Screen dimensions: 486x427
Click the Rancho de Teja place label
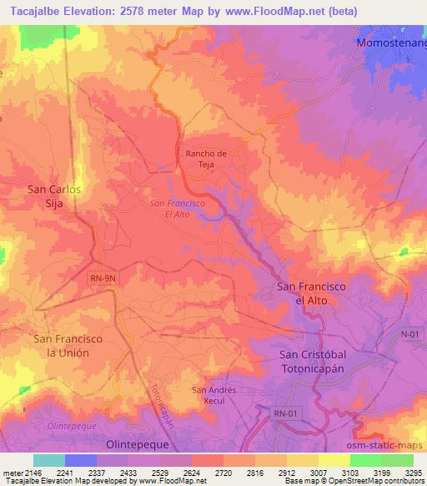[x=205, y=159]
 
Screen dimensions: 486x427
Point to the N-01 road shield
[x=409, y=333]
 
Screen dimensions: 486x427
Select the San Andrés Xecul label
[x=214, y=395]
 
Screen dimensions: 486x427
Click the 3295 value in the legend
[x=413, y=473]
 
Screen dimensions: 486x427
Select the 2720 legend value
[x=224, y=473]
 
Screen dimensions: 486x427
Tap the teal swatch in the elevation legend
[x=49, y=460]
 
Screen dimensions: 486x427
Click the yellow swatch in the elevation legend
[x=334, y=460]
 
